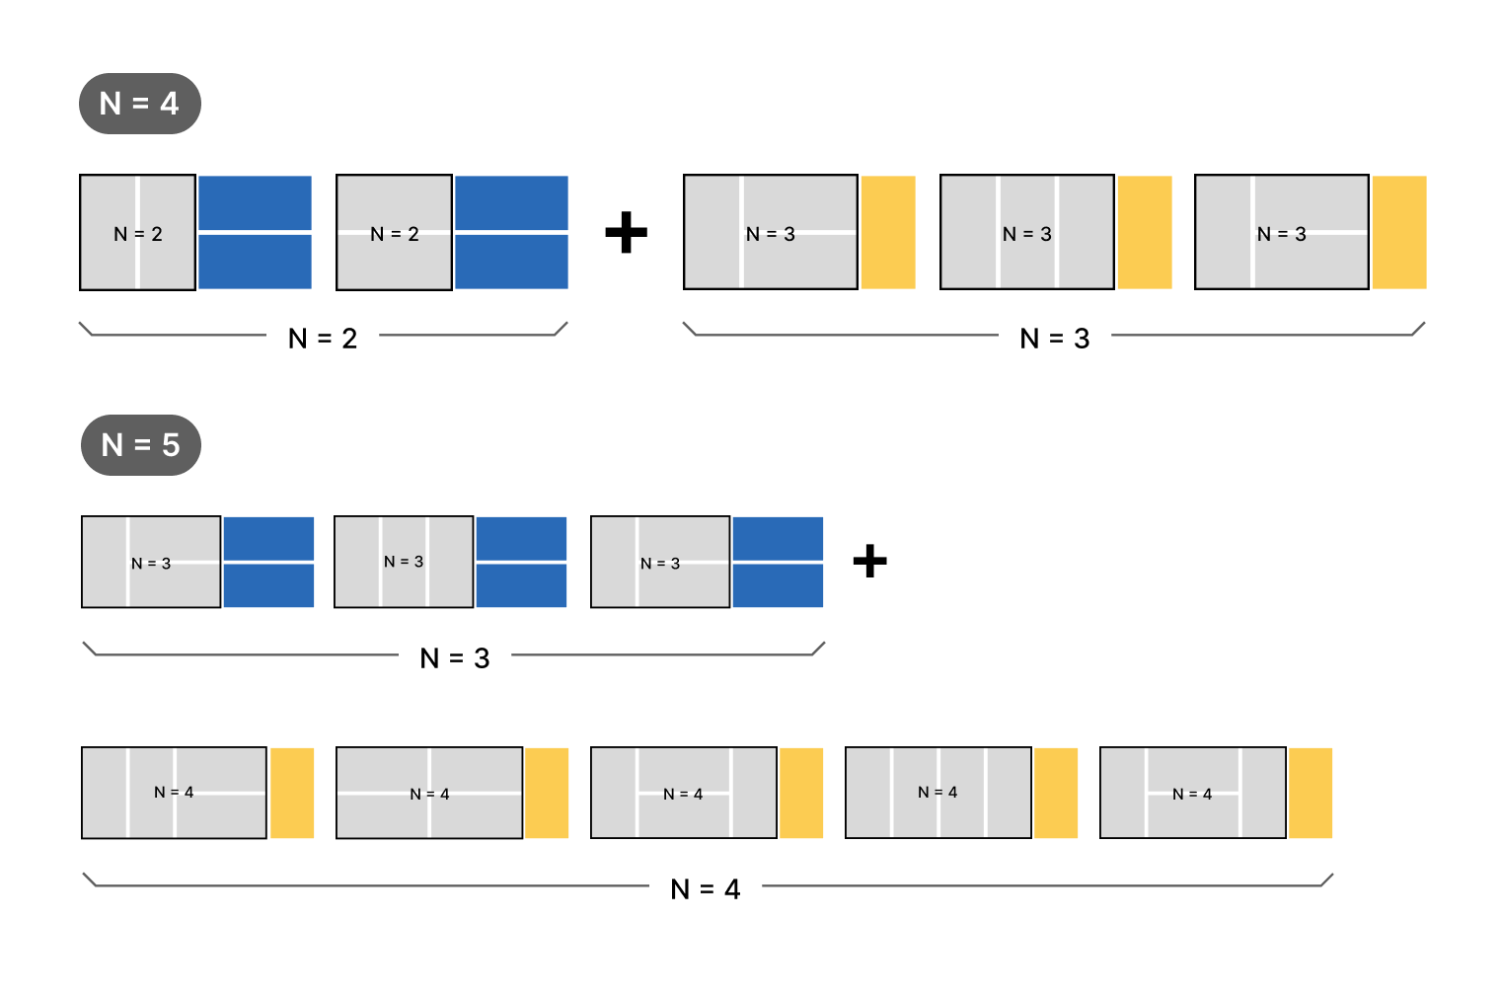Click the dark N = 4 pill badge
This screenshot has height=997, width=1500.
point(140,104)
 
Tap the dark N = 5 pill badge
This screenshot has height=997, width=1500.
point(140,445)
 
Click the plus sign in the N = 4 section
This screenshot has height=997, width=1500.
point(626,233)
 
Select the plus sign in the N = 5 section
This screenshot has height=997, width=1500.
point(869,561)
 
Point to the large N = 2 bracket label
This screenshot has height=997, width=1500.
point(323,339)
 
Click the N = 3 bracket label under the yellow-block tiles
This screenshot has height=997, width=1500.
point(1055,339)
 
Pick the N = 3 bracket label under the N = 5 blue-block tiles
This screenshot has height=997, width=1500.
point(455,658)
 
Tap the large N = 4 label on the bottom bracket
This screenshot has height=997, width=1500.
point(706,889)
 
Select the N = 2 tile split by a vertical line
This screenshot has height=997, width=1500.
point(138,233)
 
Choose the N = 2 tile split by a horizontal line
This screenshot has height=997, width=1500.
point(395,233)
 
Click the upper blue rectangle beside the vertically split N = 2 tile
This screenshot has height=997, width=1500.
point(256,203)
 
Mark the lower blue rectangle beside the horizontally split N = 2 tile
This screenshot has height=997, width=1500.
point(511,262)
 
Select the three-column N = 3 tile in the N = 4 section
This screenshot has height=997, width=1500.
point(1027,233)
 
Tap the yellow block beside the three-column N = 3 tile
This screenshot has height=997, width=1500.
point(1145,233)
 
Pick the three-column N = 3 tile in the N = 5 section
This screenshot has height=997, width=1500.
point(404,562)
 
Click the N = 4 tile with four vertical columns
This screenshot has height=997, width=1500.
point(938,793)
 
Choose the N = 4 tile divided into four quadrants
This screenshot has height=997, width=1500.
point(429,793)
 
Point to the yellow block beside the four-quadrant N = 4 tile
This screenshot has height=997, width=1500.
point(547,794)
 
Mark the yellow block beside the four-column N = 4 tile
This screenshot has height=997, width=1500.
point(1056,794)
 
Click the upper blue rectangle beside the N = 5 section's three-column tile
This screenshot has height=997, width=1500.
point(522,539)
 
